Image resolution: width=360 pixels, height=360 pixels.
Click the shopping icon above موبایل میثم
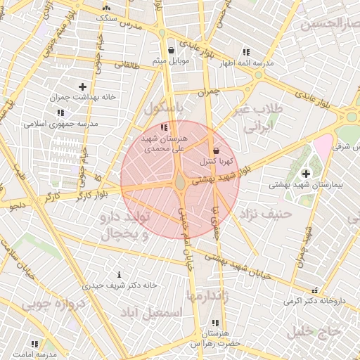[172, 50]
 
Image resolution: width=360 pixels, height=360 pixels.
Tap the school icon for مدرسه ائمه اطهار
[245, 52]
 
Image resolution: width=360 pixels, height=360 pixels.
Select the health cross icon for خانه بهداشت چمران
[82, 86]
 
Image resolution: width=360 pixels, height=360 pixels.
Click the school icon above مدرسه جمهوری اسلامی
[60, 112]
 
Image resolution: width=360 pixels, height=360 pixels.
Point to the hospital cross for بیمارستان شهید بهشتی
[306, 174]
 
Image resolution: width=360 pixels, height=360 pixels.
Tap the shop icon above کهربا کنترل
[215, 150]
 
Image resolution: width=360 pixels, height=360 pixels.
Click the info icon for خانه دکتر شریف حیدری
[119, 274]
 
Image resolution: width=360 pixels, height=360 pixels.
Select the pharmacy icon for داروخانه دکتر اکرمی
[314, 290]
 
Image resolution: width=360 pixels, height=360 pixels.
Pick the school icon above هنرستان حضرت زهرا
[214, 323]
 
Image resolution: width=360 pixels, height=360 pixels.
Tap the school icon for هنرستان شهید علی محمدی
[164, 128]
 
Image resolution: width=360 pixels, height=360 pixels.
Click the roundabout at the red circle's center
[180, 183]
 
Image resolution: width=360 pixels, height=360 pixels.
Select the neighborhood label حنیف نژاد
[266, 212]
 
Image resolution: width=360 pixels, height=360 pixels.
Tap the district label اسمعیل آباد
[151, 311]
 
